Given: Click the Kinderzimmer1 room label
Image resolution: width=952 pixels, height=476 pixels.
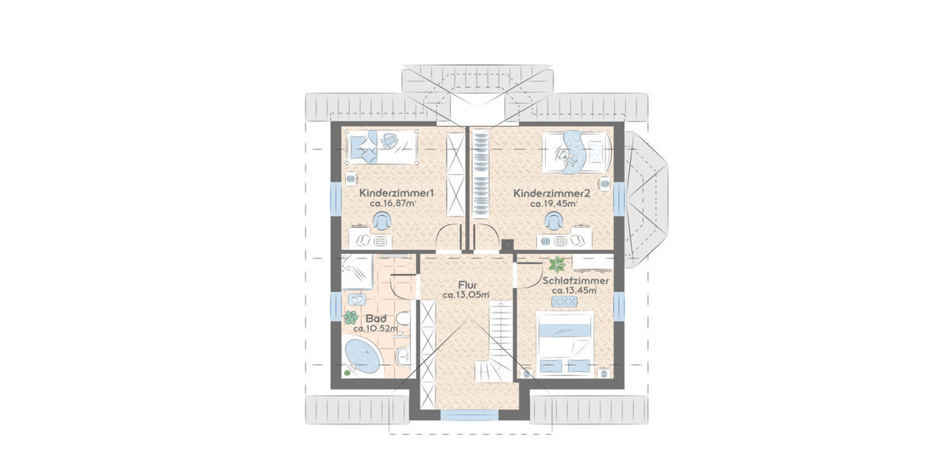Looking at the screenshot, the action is pos(397,194).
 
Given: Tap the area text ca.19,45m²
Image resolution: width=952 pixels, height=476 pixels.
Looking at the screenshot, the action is pos(554,204).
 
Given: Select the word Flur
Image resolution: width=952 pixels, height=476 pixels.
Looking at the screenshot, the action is pos(467,285).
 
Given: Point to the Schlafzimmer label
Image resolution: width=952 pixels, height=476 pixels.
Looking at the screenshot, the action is pos(575,281).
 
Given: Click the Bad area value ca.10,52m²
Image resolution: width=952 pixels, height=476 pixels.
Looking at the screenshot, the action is pos(376,328).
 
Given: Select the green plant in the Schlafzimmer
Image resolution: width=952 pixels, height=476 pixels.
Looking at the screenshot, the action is pos(557,264).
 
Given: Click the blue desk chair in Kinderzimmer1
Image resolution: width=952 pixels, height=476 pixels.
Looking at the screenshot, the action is pos(382,221).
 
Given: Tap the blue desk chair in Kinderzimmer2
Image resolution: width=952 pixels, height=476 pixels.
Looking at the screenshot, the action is pos(554,221).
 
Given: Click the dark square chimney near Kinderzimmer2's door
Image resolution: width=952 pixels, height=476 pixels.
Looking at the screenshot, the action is pos(507,245).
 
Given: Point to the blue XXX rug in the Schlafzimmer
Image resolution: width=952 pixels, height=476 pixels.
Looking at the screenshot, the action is pos(564,301).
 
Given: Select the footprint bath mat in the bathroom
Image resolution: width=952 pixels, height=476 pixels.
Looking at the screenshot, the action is pos(357,298).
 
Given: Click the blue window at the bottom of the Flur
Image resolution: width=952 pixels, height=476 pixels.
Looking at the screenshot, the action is pos(469,415).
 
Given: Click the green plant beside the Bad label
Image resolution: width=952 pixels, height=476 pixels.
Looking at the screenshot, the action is pos(351,317).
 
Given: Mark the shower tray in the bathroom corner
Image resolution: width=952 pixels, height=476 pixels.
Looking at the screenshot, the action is pos(358,272).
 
